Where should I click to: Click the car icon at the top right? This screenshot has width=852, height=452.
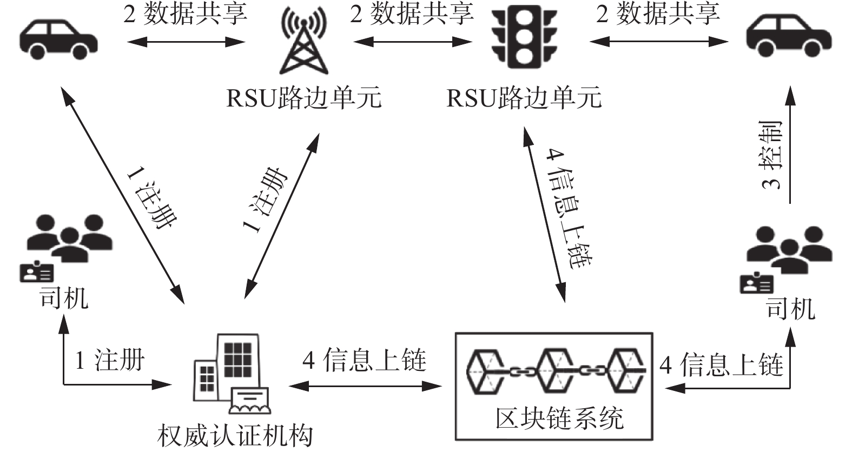point(789,36)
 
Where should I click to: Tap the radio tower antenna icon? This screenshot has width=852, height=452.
point(303,41)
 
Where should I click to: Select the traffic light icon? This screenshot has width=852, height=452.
point(524,37)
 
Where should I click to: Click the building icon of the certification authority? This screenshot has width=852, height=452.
point(232,373)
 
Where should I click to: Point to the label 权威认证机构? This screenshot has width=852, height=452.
point(235,436)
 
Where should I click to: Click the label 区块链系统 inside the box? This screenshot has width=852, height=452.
point(559,418)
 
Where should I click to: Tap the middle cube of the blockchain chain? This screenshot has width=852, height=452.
point(556,371)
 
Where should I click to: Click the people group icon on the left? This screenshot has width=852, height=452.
point(70,237)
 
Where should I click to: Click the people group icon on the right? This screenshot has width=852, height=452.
point(789,249)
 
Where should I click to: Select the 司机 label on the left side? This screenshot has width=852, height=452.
point(63,298)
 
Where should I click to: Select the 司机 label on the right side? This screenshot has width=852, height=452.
point(790,309)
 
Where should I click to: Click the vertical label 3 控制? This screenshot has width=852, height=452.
point(771,155)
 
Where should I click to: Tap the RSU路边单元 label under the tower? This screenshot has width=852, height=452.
point(303,98)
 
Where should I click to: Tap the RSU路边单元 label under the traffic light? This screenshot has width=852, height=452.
point(524,98)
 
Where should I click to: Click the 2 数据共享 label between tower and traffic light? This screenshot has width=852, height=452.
point(412,14)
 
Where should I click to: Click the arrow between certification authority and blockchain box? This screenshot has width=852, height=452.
point(365,387)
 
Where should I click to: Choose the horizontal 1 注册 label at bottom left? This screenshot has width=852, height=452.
point(109,360)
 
